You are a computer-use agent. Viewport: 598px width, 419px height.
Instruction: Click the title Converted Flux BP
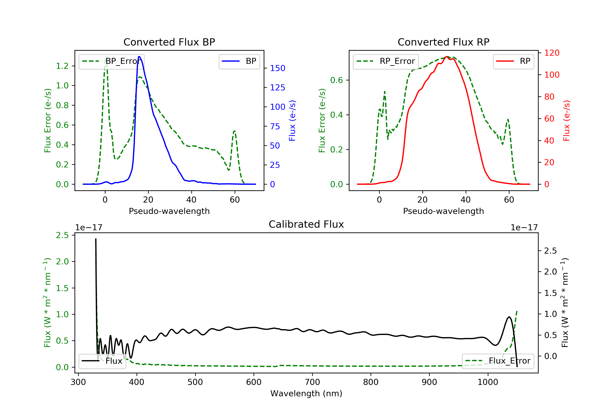click(169, 42)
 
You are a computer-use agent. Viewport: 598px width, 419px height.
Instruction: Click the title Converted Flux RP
click(443, 42)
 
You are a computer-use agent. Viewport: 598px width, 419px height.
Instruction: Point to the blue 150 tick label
click(277, 68)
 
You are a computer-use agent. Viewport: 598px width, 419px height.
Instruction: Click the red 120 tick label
click(552, 53)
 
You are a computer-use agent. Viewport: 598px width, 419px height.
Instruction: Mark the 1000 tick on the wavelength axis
click(488, 382)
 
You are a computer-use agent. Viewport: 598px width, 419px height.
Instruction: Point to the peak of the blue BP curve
click(139, 57)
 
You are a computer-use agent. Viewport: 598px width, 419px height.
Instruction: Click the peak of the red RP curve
click(447, 57)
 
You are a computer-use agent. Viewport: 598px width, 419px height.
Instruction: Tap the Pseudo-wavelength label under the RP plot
click(443, 211)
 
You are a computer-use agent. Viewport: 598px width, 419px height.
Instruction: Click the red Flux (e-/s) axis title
click(566, 121)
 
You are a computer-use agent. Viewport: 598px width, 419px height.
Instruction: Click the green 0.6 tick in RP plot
click(336, 80)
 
